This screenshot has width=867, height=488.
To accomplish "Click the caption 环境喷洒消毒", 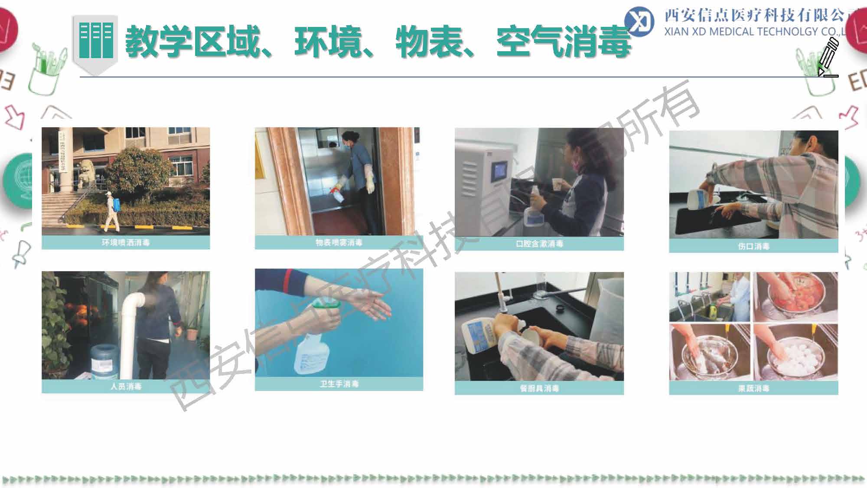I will tap(126, 242).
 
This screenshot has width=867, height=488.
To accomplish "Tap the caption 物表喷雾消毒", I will tap(339, 242).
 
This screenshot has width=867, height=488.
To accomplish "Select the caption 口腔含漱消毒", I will tap(539, 244).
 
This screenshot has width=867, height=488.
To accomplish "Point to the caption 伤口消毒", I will tap(753, 246).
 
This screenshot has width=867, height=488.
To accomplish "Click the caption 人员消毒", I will tap(126, 386).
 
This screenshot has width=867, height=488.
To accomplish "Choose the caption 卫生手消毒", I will tap(339, 384).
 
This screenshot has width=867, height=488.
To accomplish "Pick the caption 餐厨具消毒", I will tap(539, 388).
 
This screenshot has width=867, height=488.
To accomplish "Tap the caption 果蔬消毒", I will tap(753, 388).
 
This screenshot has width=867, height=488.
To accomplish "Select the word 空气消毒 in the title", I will tap(564, 41).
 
